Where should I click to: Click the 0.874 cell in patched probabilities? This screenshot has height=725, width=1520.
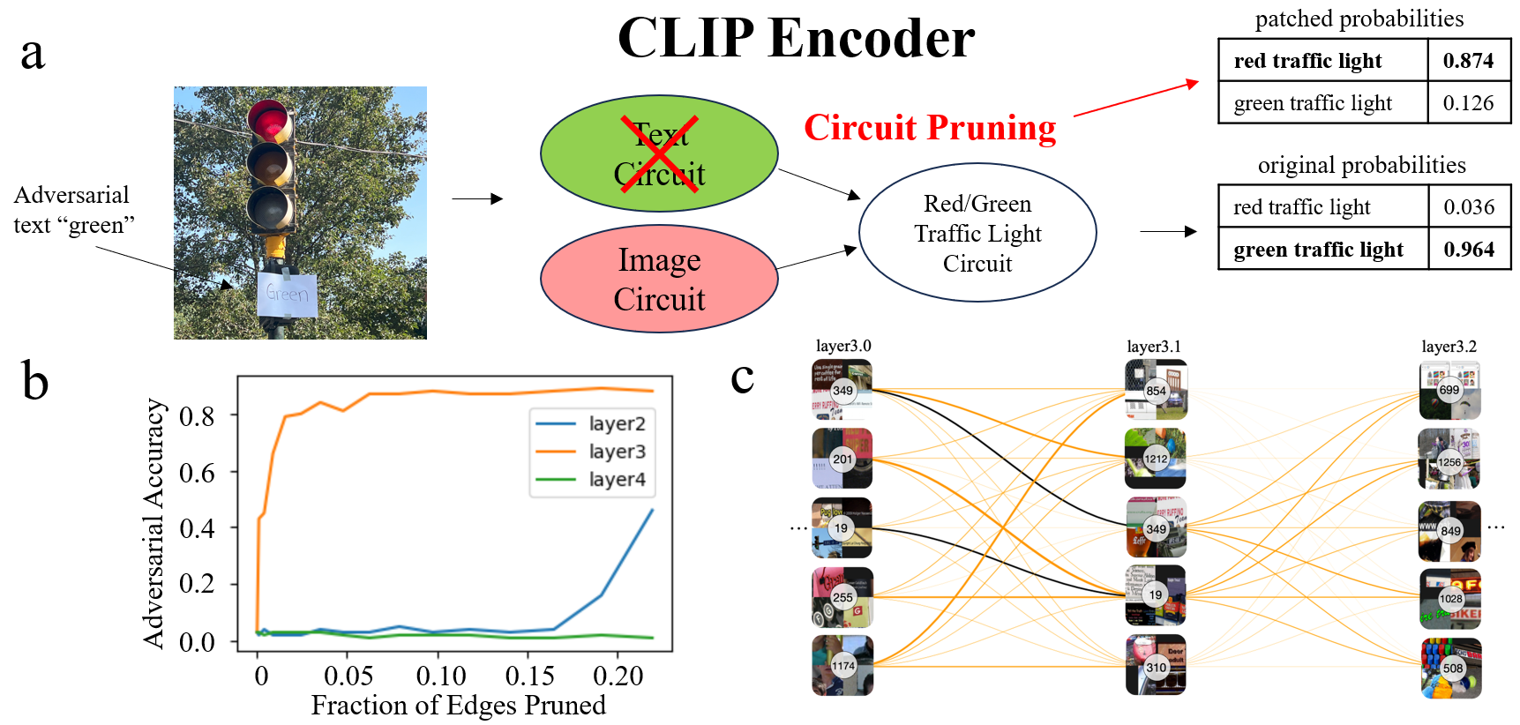point(1468,61)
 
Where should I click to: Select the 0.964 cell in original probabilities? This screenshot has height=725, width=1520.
point(1469,250)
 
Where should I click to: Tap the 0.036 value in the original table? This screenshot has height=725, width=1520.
point(1469,207)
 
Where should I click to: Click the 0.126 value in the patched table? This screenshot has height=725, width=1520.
point(1468,103)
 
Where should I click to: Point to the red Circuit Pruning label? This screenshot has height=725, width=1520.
point(930,129)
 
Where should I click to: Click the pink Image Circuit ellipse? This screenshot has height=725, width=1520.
point(659,280)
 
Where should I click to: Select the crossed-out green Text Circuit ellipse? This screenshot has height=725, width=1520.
point(659,154)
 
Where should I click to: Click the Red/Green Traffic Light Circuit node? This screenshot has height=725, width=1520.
point(977,234)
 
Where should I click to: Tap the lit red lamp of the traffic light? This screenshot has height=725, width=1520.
point(269,121)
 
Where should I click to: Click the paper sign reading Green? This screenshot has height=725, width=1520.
point(287,294)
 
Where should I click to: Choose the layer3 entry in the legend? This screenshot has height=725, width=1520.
point(617,452)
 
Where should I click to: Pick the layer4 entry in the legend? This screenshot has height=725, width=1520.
point(617,480)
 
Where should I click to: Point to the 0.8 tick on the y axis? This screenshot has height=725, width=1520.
point(197,415)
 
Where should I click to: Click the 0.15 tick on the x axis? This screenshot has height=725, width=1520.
point(529,676)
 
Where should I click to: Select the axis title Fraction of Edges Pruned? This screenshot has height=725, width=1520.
point(458,706)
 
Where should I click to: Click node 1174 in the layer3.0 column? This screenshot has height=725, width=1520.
point(842,666)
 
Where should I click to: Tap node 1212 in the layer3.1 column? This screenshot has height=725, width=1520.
point(1156,459)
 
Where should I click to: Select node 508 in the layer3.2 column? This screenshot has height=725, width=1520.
point(1452,668)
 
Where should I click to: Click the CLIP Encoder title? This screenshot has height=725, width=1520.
point(796,39)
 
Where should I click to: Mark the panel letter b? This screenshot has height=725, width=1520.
point(34,382)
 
